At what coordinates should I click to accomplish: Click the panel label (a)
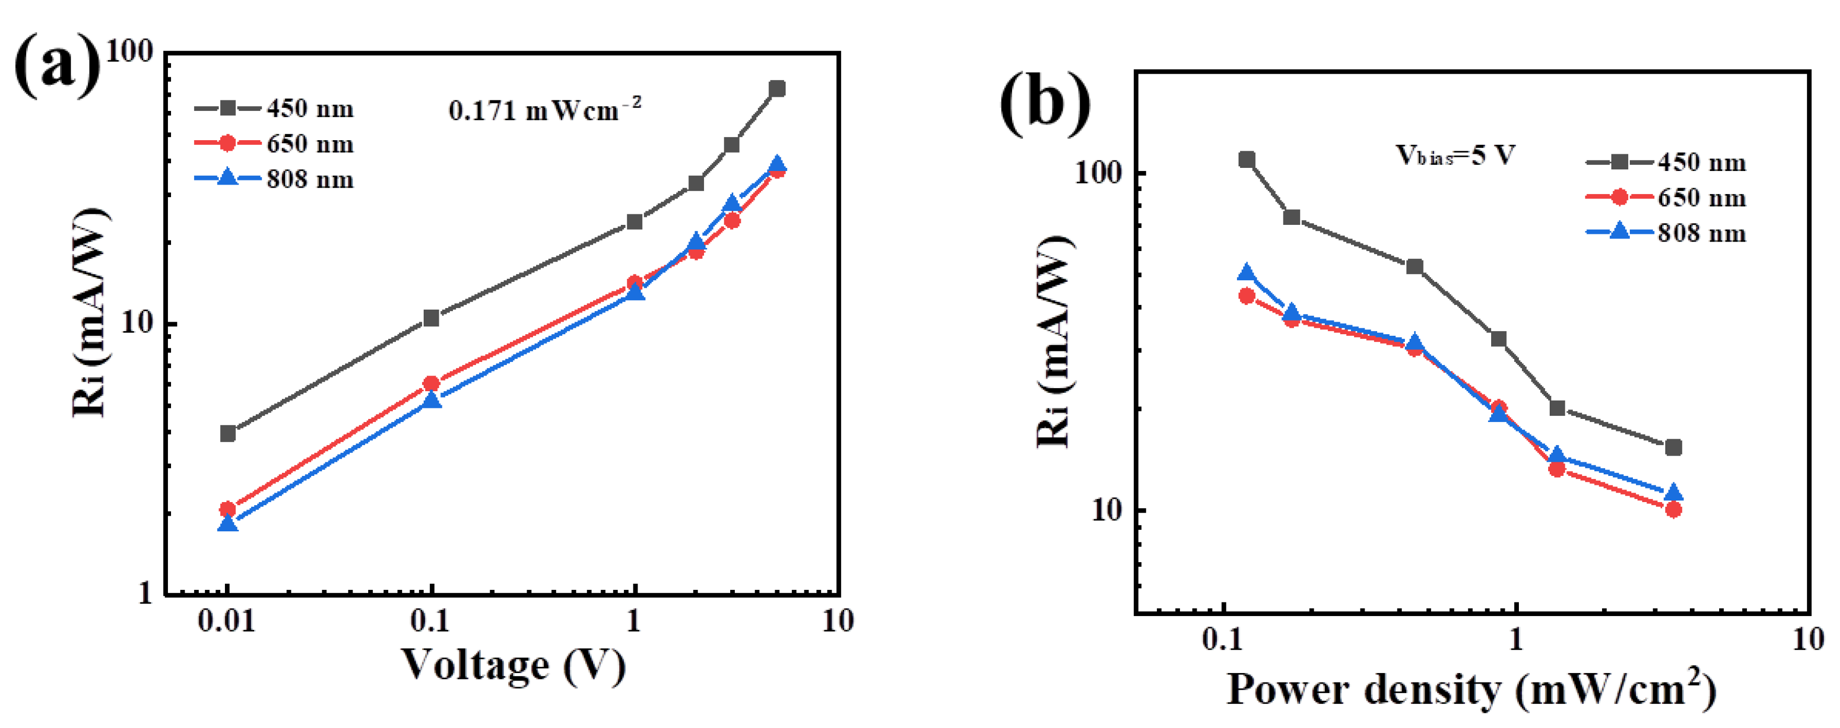[x=57, y=66]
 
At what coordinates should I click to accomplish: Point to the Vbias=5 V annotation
[x=1455, y=155]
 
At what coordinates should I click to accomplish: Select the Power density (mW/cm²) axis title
[x=1471, y=689]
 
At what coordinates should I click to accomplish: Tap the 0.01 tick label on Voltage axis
[x=226, y=621]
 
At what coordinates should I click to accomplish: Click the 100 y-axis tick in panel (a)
[x=129, y=51]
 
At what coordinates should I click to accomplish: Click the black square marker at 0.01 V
[x=228, y=433]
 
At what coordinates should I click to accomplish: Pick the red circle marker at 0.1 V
[x=431, y=384]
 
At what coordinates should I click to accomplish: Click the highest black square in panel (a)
[x=777, y=88]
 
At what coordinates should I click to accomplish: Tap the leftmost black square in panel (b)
[x=1246, y=160]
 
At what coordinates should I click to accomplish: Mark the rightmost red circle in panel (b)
[x=1673, y=509]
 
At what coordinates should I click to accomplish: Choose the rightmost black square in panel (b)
[x=1673, y=447]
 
